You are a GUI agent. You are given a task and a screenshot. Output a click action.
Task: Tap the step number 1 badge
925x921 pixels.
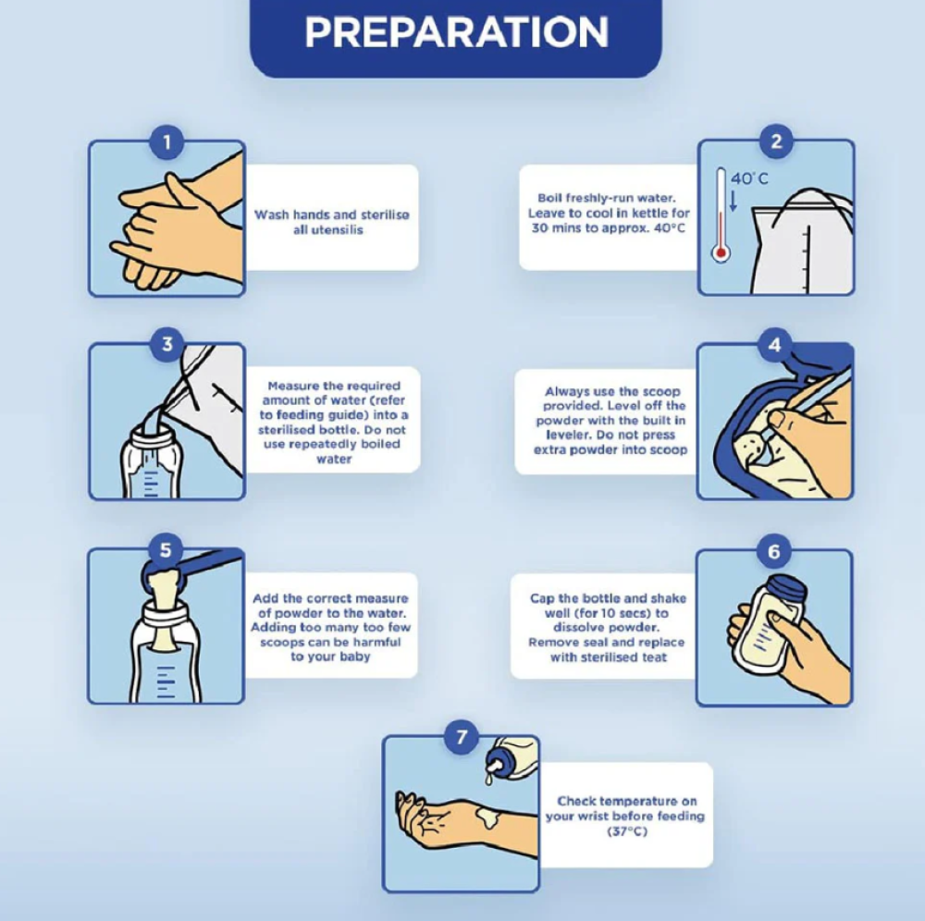point(166,142)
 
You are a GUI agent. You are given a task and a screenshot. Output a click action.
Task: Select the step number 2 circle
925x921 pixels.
point(776,141)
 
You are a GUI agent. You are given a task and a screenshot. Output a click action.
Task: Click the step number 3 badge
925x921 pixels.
point(166,343)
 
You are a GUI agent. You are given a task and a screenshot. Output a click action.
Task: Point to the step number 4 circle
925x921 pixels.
point(774,344)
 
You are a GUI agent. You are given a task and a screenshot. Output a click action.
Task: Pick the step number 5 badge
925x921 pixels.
point(166,549)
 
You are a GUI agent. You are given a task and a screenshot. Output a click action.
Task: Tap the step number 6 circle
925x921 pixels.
point(774,551)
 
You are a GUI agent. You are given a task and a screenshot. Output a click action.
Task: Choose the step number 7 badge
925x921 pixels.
point(462,737)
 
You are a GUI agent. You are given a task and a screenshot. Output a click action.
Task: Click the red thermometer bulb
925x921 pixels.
point(721,253)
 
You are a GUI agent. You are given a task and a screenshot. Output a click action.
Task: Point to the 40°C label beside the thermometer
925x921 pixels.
point(750,178)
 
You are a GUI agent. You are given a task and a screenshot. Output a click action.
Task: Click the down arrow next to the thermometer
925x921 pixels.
point(734,200)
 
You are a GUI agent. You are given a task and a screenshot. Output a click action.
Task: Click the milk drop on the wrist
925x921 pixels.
point(488,817)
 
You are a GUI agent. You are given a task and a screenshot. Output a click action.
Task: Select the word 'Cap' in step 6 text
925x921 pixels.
point(542,598)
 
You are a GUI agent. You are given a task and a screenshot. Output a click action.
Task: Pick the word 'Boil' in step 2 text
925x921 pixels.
point(549,198)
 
